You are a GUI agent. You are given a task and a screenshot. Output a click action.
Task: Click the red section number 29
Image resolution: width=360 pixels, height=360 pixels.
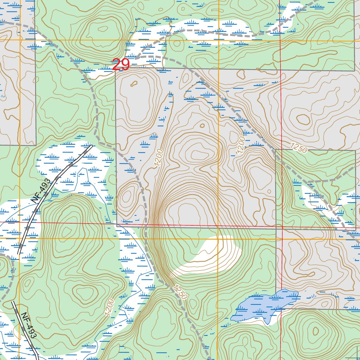point(121,65)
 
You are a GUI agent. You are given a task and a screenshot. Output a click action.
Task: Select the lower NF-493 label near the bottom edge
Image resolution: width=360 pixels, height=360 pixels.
point(28,326)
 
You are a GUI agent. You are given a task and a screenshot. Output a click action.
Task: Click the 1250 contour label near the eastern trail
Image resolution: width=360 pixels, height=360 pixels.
point(299,148)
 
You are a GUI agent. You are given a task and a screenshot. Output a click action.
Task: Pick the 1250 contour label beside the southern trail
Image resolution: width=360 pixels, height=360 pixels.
point(180,292)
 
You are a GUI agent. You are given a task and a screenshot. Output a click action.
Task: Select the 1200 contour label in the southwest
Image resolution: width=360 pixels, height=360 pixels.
point(109,307)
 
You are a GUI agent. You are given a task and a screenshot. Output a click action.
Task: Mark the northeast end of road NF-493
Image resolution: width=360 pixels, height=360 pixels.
point(91,146)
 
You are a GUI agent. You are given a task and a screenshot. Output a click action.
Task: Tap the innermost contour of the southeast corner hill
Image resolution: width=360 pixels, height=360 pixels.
point(315,331)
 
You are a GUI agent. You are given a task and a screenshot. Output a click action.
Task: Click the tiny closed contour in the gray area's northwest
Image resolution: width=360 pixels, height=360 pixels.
point(134,84)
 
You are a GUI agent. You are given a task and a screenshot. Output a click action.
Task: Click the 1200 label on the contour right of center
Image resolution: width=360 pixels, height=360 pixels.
point(241,145)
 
